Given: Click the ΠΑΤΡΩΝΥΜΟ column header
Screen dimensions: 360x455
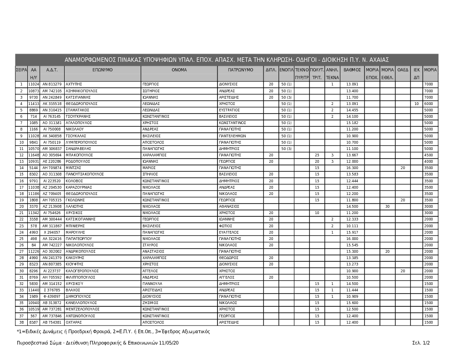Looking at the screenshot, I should click(241, 70).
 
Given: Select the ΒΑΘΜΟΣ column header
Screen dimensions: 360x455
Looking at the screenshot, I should click(352, 70).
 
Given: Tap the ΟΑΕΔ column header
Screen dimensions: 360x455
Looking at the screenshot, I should click(403, 70).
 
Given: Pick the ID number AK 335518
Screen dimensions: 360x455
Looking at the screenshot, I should click(52, 104).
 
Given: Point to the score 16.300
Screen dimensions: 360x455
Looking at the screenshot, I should click(352, 168).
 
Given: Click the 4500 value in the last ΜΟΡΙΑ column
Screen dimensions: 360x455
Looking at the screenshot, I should click(429, 155).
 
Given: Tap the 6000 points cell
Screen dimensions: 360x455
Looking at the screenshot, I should click(429, 104).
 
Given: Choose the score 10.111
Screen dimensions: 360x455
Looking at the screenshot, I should click(352, 226).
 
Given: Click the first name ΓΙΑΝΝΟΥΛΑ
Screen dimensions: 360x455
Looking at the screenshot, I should click(153, 284).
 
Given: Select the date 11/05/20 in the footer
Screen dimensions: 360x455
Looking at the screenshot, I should click(168, 343).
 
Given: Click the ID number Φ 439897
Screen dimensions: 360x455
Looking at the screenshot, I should click(52, 296).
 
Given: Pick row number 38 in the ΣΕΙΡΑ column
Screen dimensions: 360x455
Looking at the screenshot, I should click(21, 322).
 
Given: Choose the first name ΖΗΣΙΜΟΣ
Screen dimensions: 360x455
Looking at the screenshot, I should click(151, 303).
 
